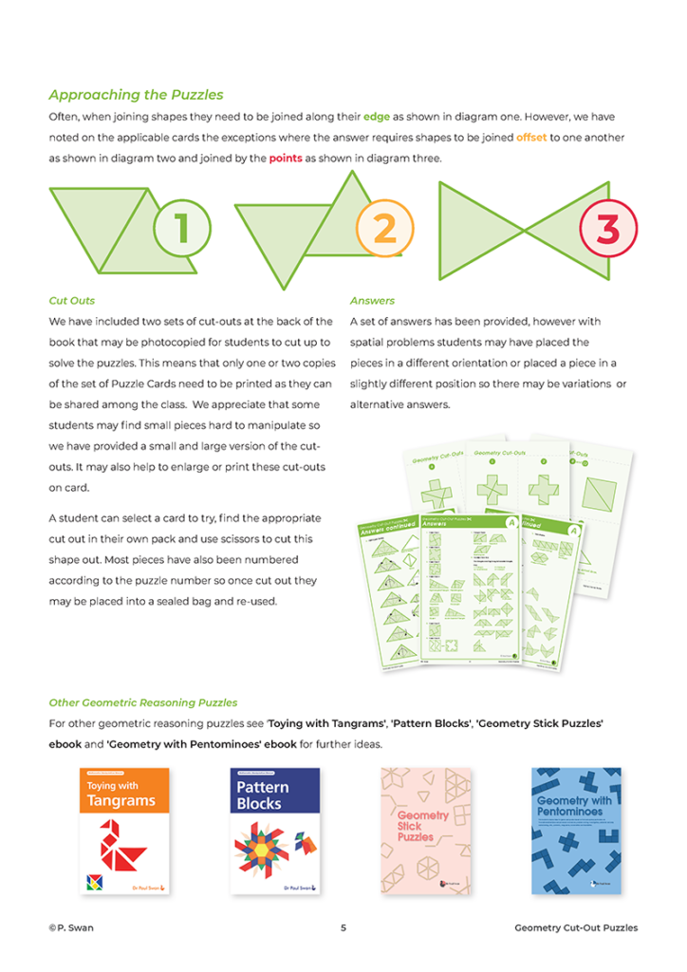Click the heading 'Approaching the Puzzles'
(136, 95)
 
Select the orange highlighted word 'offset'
(531, 138)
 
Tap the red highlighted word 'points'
(286, 159)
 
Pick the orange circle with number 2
(384, 229)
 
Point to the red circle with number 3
(607, 228)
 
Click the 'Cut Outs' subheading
(72, 301)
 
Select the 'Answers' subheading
(372, 301)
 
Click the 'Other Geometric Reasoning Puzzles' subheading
(142, 703)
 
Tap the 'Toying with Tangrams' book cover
(124, 831)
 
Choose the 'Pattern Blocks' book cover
(275, 831)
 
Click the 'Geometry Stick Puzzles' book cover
(426, 831)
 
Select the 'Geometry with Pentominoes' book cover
(576, 831)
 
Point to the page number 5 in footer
(343, 927)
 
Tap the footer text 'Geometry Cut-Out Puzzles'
(576, 927)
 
